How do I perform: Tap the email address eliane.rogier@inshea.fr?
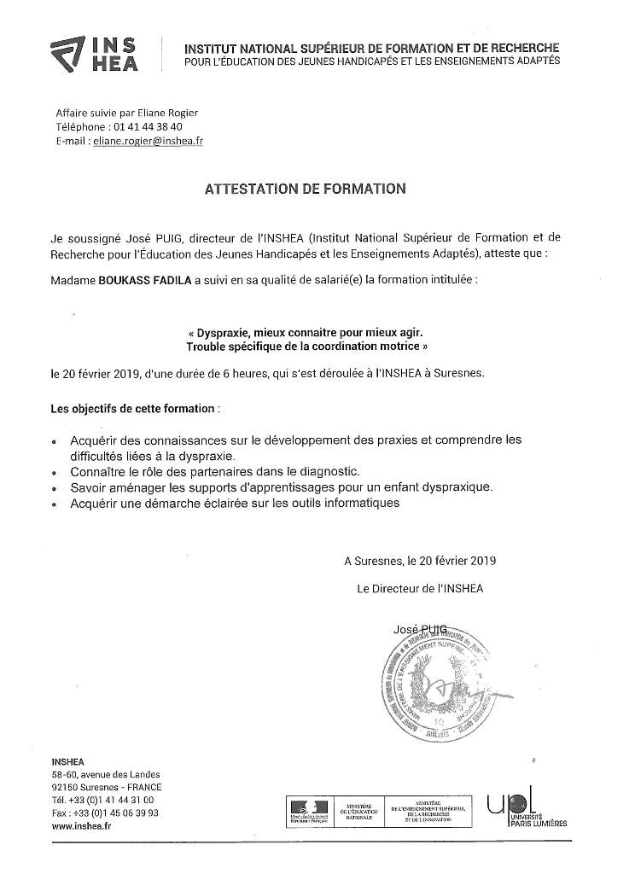[161, 141]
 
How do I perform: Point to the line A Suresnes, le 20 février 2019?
[420, 562]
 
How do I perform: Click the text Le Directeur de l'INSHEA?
[421, 589]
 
